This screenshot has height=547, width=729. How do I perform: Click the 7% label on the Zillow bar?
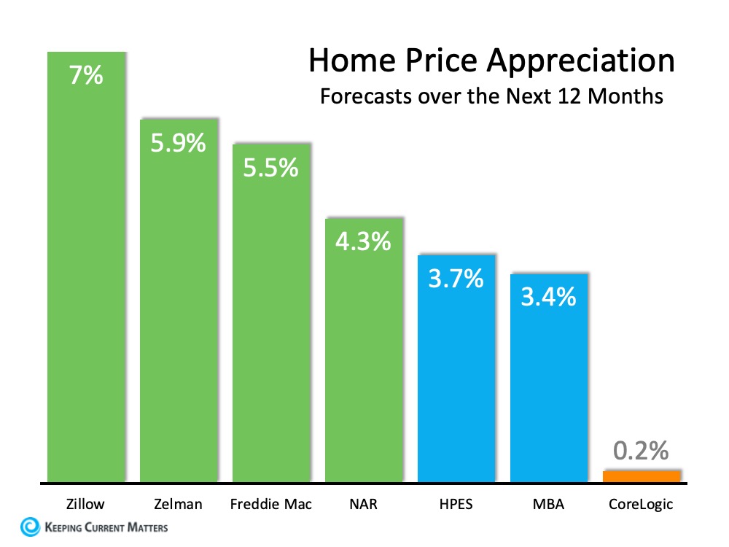[86, 75]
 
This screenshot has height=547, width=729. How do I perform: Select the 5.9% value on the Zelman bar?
[178, 142]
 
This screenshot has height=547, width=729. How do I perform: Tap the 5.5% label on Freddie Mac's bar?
[270, 168]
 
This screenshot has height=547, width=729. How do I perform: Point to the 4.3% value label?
[363, 241]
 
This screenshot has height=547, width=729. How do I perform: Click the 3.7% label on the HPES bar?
[456, 278]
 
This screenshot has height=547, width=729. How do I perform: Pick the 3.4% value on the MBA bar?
[548, 297]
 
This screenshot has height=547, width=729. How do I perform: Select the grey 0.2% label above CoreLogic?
[641, 451]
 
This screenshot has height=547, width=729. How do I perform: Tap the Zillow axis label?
[85, 504]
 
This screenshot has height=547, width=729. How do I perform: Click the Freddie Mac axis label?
[270, 504]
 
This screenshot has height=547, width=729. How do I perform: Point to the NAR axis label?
[363, 504]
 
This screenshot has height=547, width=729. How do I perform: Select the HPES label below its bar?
[456, 504]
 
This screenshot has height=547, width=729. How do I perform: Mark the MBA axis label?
[548, 504]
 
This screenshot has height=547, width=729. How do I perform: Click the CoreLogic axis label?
[641, 504]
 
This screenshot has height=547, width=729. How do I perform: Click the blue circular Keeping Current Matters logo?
[31, 527]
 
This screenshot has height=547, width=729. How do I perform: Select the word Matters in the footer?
[147, 527]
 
